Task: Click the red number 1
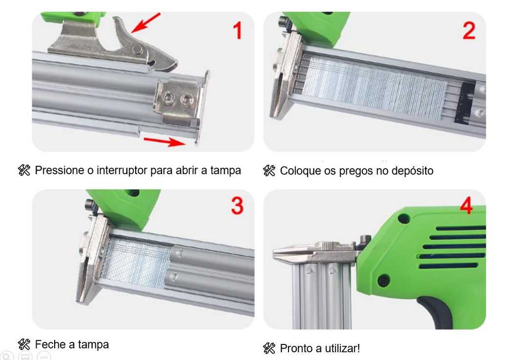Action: tap(237, 31)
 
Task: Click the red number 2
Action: tap(468, 31)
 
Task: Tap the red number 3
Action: tap(236, 206)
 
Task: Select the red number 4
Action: tap(465, 207)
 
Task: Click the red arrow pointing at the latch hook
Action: tap(146, 23)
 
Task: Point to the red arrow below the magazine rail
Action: tap(164, 140)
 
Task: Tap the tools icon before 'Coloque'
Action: tap(269, 171)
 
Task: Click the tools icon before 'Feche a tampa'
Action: tap(24, 344)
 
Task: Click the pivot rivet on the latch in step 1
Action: tap(137, 49)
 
